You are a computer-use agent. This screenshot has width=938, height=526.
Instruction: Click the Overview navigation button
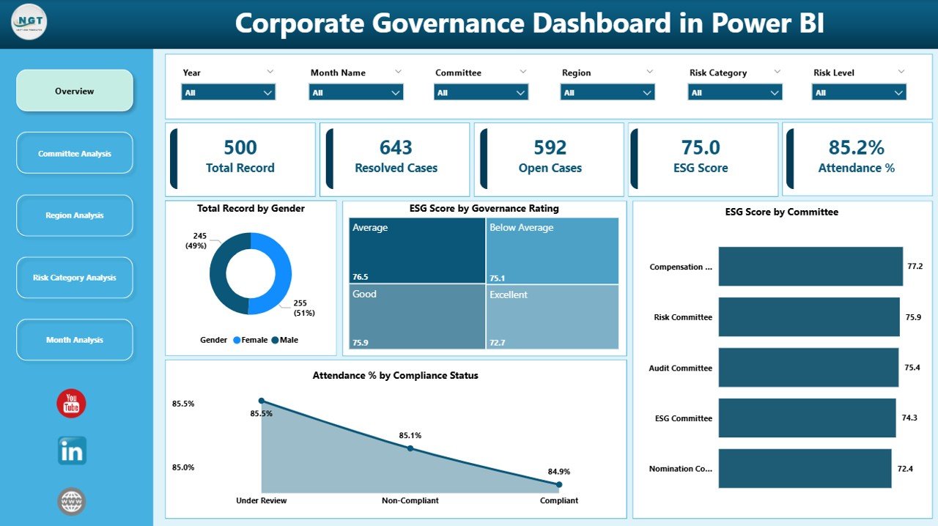(x=75, y=91)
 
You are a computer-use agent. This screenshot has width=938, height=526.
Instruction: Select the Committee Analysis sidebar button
(x=75, y=153)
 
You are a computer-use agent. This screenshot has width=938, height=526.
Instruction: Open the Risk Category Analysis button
(x=75, y=278)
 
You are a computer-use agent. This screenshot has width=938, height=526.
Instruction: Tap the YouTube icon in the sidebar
(x=71, y=404)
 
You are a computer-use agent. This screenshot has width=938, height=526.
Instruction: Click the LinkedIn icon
(x=72, y=451)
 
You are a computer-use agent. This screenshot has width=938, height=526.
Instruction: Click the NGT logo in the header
(x=29, y=22)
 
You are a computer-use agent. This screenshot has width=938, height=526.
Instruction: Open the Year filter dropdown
(x=228, y=92)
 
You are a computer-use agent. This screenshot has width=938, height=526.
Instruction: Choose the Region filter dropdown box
(x=607, y=92)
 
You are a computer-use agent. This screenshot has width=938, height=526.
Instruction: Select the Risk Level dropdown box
(x=859, y=92)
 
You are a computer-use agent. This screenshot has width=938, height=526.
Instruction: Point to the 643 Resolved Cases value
(x=396, y=148)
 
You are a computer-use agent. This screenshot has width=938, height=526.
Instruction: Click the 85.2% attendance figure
(x=856, y=148)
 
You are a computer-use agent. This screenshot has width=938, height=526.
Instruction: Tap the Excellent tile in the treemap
(x=553, y=316)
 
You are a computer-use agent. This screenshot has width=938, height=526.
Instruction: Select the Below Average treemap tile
(x=553, y=250)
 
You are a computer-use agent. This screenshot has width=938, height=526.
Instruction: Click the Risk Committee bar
(x=808, y=317)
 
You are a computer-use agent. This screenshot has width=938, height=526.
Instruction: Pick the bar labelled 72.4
(x=805, y=469)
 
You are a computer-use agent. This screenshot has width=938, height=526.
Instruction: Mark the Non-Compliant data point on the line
(x=410, y=448)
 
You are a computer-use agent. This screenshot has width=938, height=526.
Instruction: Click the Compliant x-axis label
(x=559, y=500)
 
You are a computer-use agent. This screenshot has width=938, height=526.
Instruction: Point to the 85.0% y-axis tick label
(x=183, y=467)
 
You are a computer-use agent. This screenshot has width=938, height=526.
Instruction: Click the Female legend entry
(x=249, y=340)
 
